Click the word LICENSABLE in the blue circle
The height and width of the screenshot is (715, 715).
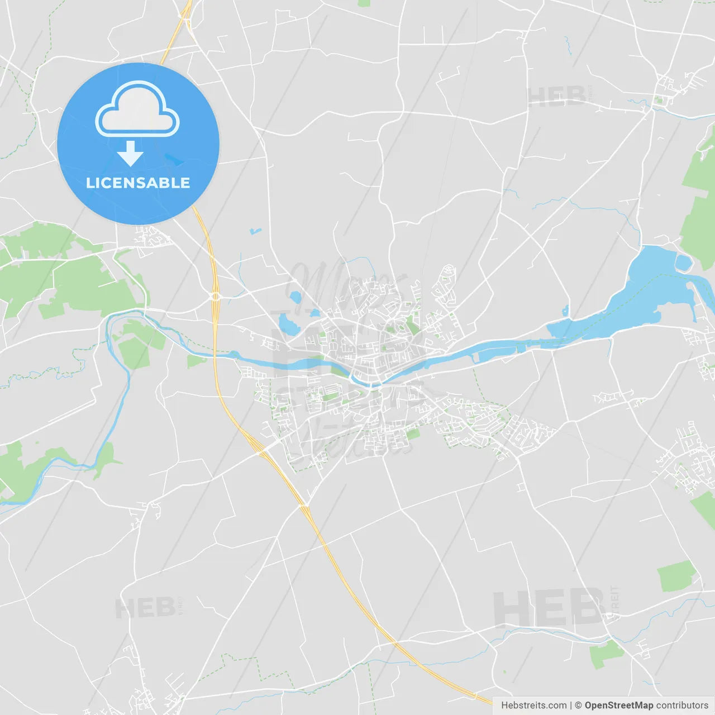[x=138, y=183]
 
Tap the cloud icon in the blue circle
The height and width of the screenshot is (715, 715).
[x=137, y=110]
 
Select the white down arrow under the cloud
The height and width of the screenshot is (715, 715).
[x=130, y=153]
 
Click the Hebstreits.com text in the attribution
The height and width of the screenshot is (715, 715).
[x=533, y=706]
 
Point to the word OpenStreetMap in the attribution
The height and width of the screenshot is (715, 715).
[x=618, y=706]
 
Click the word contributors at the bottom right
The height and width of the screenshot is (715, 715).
[x=681, y=706]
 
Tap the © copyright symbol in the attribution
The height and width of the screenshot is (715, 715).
[x=578, y=706]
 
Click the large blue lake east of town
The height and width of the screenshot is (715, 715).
[x=648, y=290]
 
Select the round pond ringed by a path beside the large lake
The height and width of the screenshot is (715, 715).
[x=683, y=261]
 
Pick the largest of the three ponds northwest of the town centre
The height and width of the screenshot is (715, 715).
[x=289, y=324]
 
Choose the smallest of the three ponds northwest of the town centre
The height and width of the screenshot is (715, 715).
[x=315, y=313]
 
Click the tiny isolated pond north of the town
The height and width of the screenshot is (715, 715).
[x=255, y=230]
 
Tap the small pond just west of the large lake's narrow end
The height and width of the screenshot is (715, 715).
[x=565, y=311]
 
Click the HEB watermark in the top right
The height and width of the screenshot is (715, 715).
[x=557, y=97]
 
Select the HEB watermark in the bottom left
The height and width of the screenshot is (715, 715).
[x=145, y=608]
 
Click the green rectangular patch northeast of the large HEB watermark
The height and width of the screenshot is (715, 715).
[x=677, y=576]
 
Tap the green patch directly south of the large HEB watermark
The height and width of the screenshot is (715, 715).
[x=606, y=654]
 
